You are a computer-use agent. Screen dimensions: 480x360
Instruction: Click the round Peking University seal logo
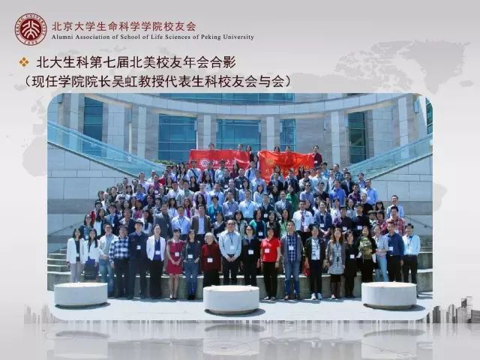(x=31, y=29)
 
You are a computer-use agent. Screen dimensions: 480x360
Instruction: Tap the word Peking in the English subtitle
(x=211, y=37)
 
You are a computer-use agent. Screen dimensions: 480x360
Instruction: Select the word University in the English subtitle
(x=238, y=37)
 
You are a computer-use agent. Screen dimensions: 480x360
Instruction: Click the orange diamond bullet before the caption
(x=24, y=62)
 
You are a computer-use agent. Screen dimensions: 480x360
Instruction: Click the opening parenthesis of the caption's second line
(x=28, y=82)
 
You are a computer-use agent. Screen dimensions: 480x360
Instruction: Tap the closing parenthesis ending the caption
(x=287, y=82)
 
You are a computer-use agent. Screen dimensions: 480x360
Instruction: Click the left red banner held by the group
(x=219, y=159)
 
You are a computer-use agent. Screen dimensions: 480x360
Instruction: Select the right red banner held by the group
(x=286, y=163)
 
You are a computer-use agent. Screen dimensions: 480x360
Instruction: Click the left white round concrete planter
(x=81, y=295)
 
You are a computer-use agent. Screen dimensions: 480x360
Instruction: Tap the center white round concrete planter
(x=232, y=299)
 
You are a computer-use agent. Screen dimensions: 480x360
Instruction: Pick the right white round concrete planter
(x=389, y=295)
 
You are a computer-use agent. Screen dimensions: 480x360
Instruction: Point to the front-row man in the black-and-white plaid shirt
(x=120, y=261)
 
